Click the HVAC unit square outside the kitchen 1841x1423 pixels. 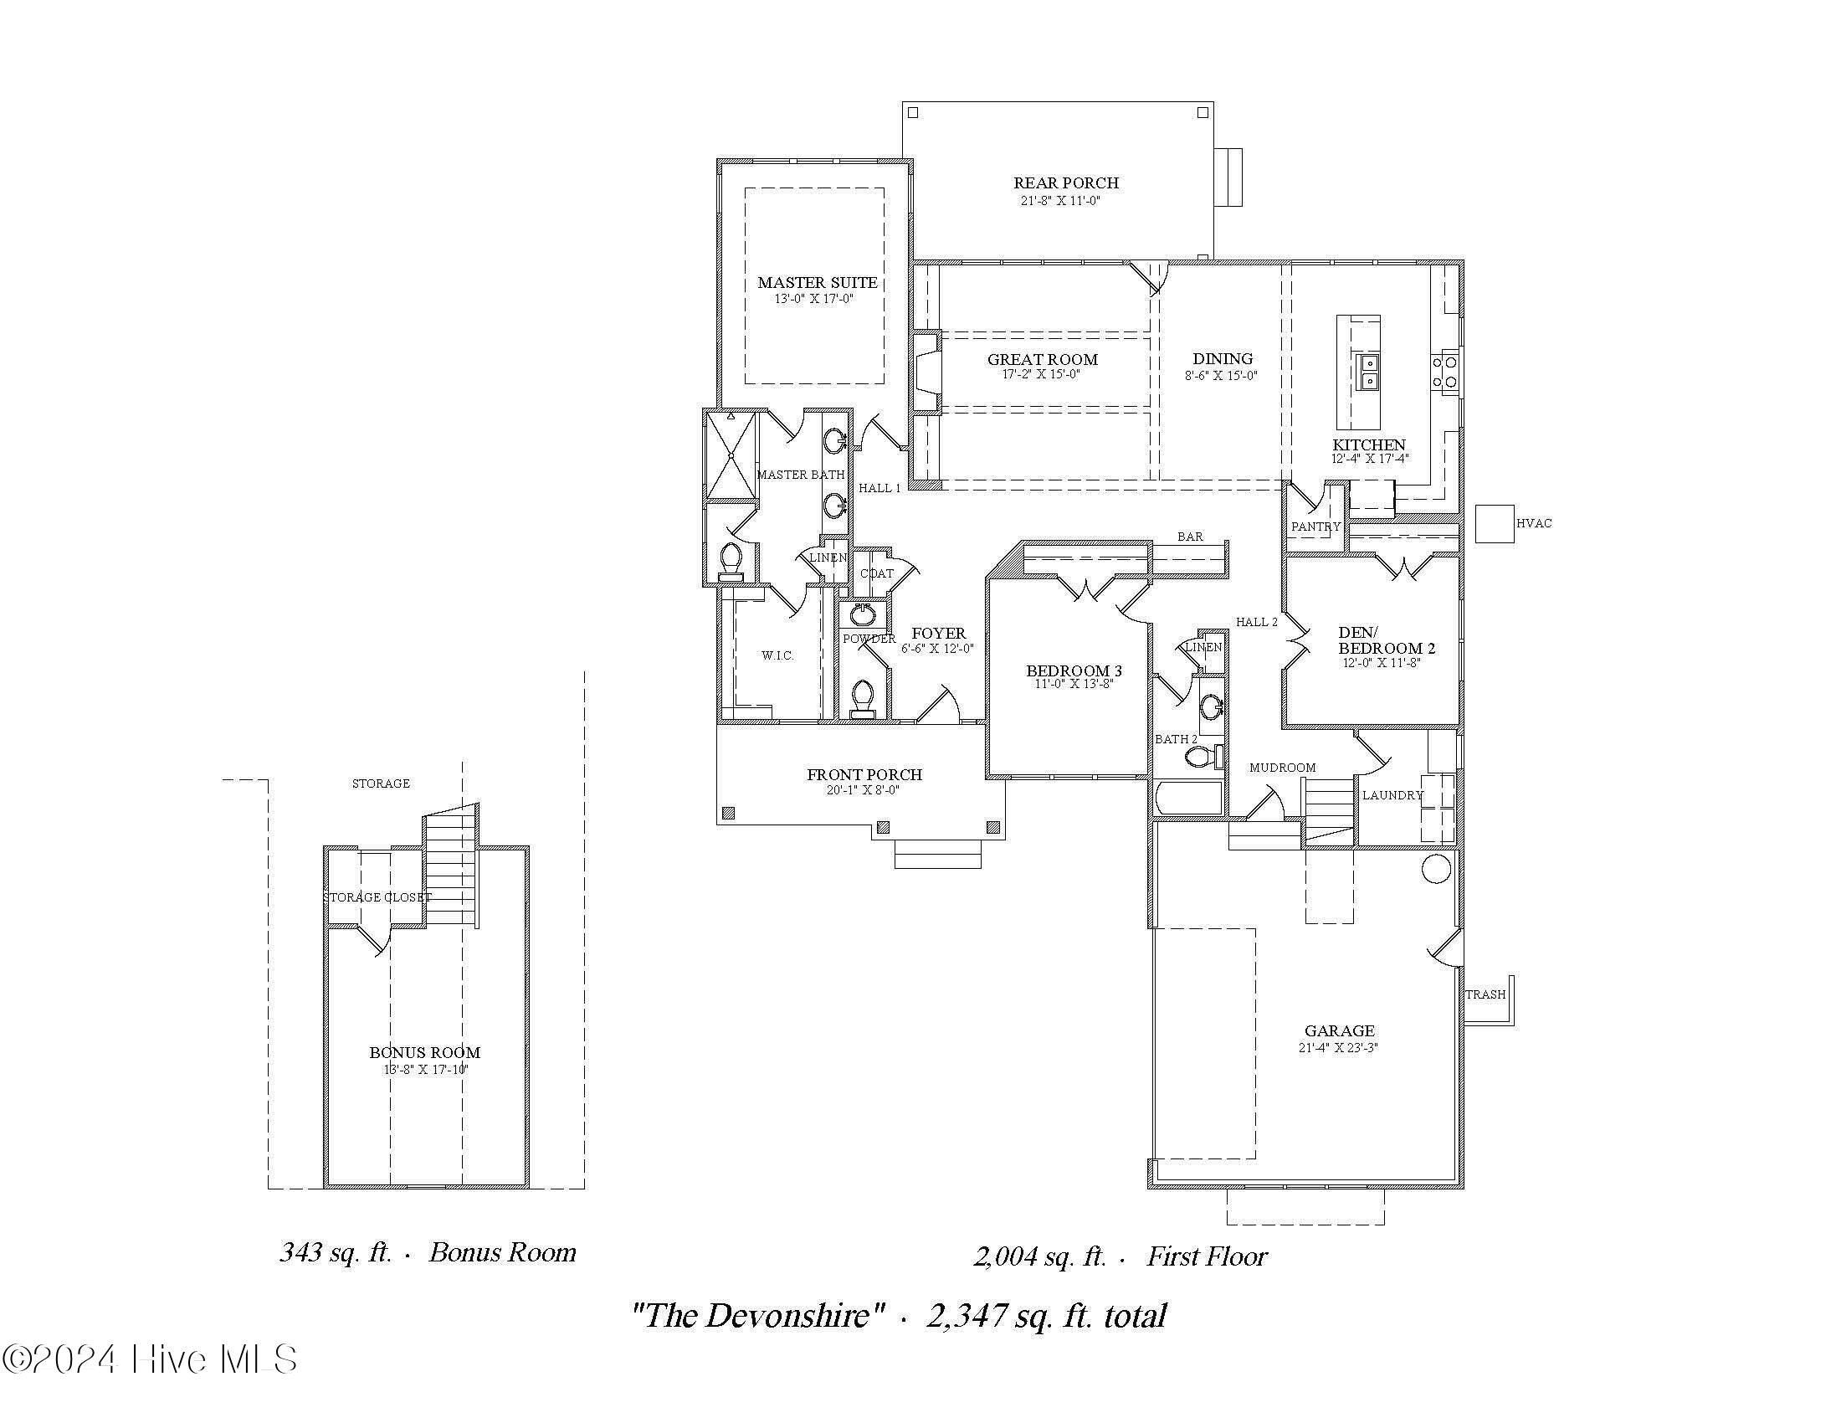tap(1495, 523)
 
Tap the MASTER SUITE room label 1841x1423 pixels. tap(817, 282)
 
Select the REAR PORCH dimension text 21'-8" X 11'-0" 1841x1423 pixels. tap(1060, 201)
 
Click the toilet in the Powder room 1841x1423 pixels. tap(862, 699)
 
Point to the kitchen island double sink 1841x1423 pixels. tap(1367, 372)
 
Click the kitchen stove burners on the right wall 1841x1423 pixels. tap(1445, 372)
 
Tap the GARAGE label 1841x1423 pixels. tap(1340, 1030)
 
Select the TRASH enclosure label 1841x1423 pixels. tap(1485, 994)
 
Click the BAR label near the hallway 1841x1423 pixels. tap(1189, 537)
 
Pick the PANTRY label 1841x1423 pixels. tap(1315, 526)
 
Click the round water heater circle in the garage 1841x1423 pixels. tap(1435, 868)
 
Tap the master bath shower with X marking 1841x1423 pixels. tap(731, 455)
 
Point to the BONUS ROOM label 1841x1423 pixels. tap(425, 1052)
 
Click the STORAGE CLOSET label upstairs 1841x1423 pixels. tap(377, 897)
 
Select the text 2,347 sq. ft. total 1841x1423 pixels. tap(1046, 1315)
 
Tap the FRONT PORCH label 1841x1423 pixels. tap(864, 774)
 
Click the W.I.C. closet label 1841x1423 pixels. tap(777, 655)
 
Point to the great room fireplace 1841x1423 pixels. tap(927, 371)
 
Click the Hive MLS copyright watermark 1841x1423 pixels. tap(150, 1359)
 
